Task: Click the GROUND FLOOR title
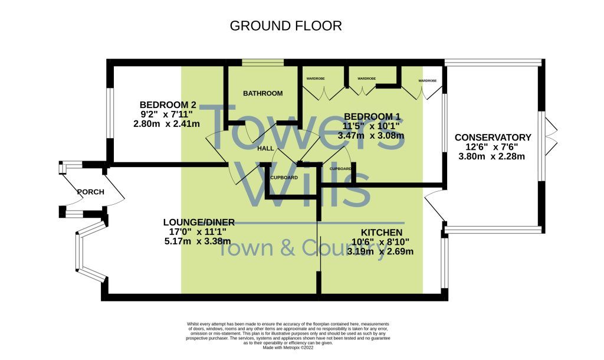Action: point(285,26)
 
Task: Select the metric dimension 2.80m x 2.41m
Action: point(167,124)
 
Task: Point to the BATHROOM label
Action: point(262,93)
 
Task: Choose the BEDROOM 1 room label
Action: point(372,116)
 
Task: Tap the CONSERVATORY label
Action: point(493,138)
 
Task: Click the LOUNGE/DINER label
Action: point(199,222)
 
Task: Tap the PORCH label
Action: point(90,192)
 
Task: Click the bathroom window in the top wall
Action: point(262,62)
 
